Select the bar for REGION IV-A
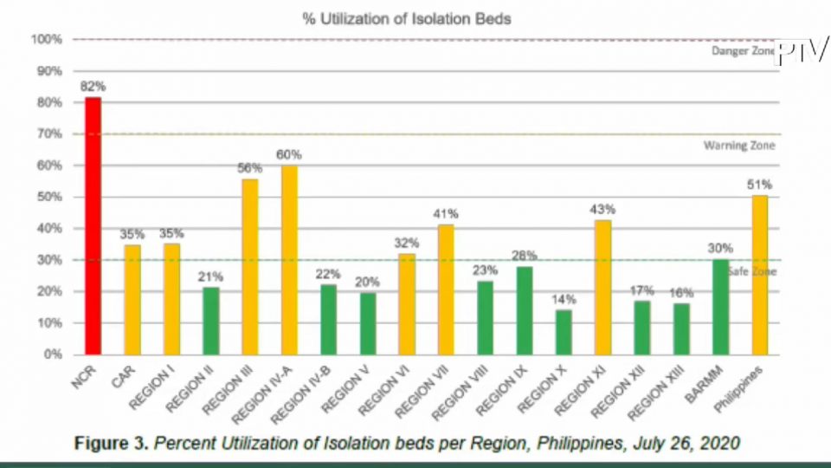[289, 260]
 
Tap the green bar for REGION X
[564, 332]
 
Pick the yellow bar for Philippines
[759, 275]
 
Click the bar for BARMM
[719, 307]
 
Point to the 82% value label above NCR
[93, 87]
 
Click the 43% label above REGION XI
[603, 209]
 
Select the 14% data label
[564, 299]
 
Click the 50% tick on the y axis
[48, 197]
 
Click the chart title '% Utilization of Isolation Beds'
[407, 18]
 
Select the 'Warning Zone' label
[738, 146]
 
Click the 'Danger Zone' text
[741, 51]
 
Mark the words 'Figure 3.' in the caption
[111, 443]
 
